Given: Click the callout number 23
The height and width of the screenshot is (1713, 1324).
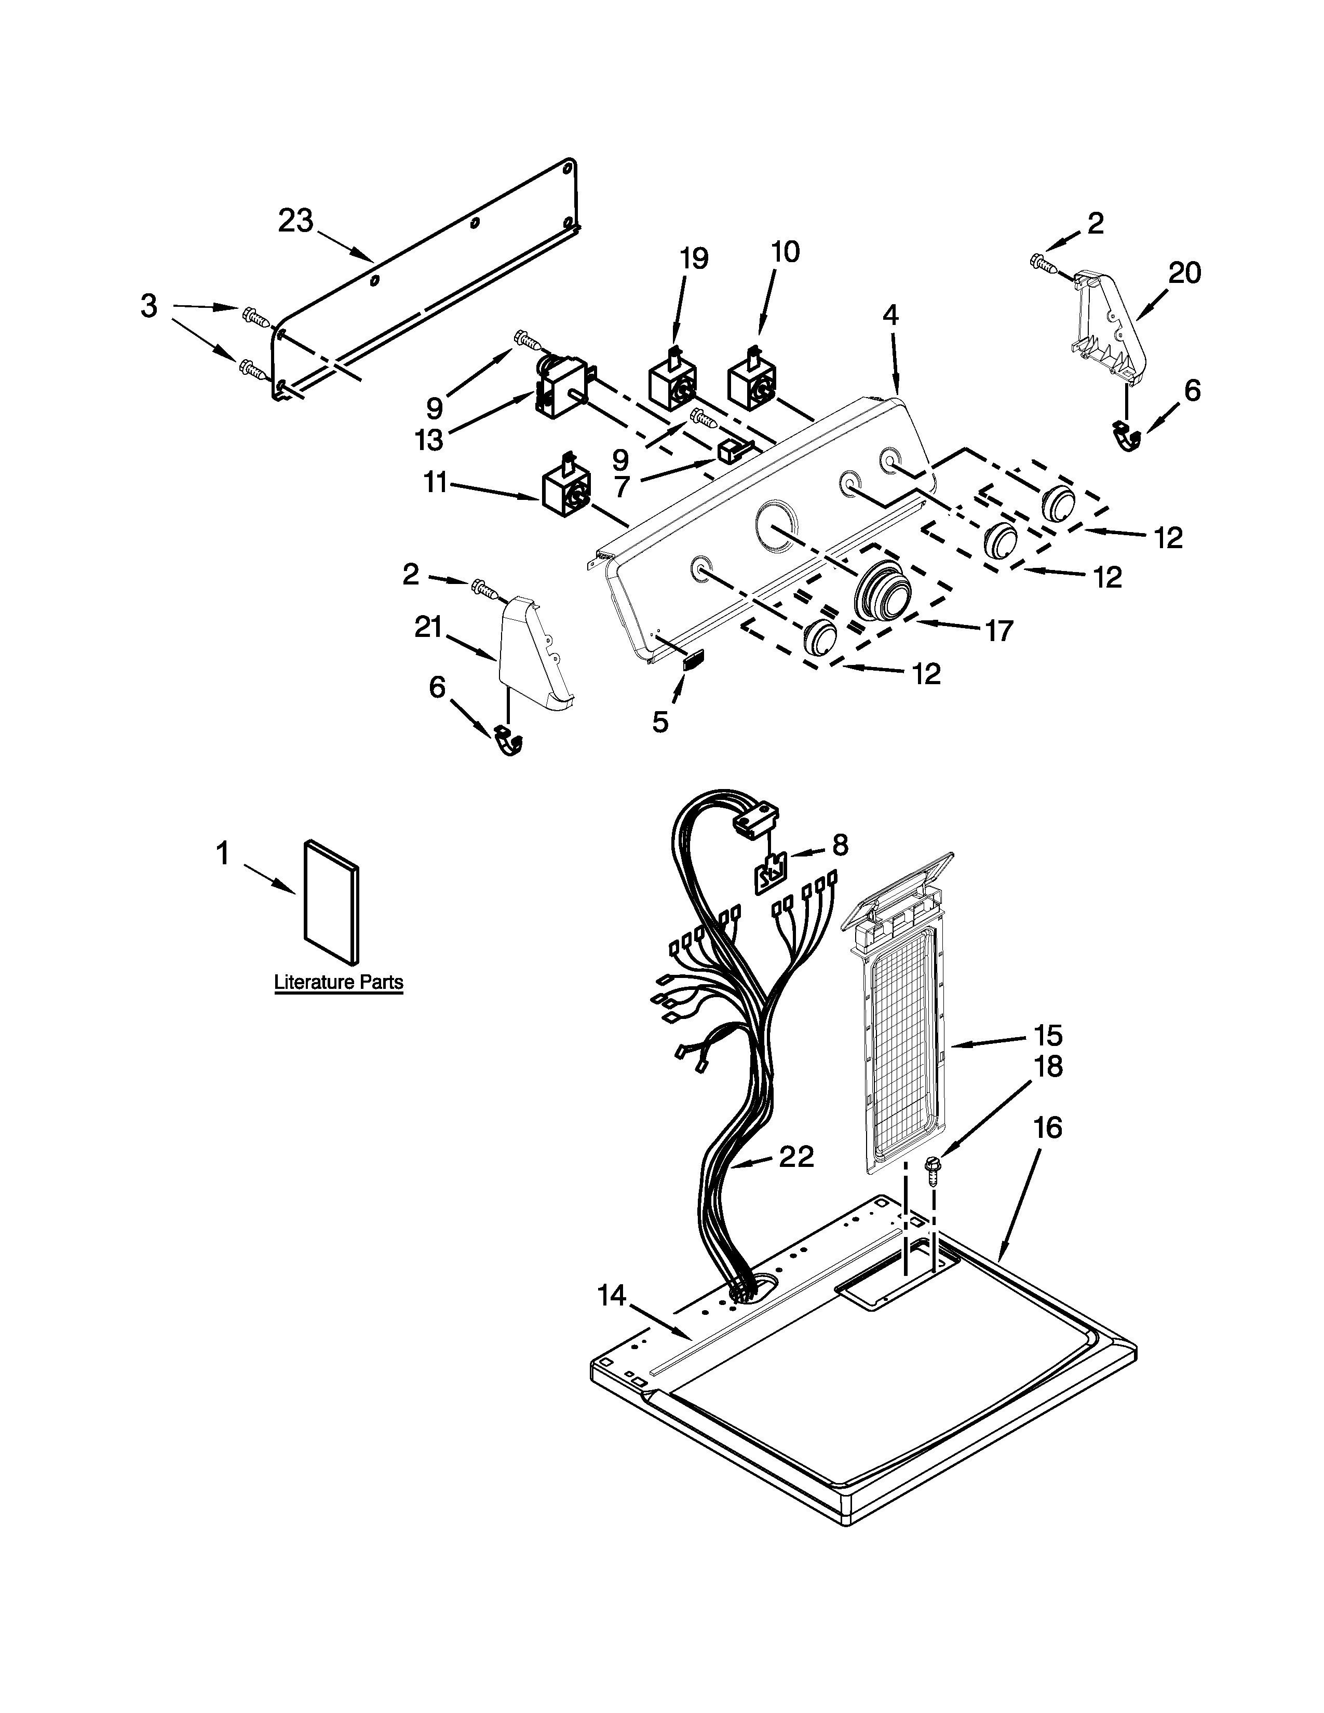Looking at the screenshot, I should [296, 222].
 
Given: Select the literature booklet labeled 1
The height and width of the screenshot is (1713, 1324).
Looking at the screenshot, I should [332, 903].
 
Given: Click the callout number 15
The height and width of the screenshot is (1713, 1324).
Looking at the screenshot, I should [1047, 1036].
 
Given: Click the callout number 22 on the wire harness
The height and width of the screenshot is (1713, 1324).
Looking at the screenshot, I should [796, 1156].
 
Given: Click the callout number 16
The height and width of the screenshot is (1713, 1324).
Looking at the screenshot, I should [1048, 1128].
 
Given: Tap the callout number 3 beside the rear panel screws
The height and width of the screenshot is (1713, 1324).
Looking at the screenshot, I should [149, 306].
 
